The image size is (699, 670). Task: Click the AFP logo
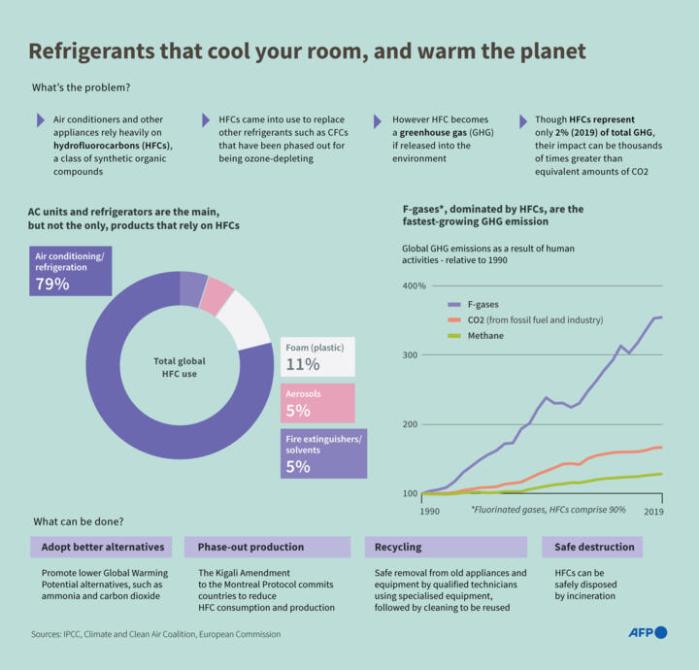647,632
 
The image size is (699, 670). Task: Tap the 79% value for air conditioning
52,284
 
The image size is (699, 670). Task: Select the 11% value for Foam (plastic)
302,364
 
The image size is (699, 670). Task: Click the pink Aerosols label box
317,402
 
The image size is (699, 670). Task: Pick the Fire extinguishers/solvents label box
323,453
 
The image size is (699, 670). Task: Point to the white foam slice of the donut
246,318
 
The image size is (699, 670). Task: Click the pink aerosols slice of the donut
217,295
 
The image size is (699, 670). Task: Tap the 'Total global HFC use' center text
180,367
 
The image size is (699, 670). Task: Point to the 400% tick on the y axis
415,286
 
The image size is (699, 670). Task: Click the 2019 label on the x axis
652,511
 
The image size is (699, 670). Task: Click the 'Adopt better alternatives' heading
102,547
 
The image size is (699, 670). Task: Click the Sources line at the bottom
155,634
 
